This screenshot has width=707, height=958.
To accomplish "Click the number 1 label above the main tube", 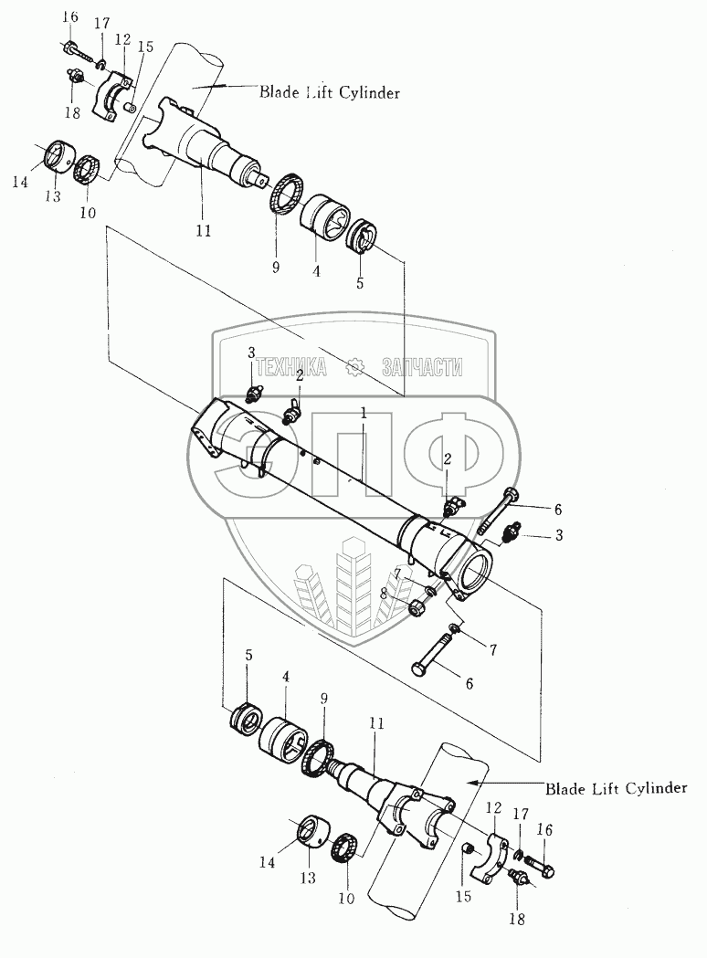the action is (363, 415).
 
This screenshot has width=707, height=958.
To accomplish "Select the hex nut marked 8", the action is (417, 607).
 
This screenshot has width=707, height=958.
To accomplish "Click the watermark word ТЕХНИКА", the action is (290, 367).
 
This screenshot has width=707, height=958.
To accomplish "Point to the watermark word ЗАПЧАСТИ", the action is (422, 367).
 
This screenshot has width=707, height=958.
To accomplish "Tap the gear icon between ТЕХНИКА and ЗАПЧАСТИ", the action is (354, 367).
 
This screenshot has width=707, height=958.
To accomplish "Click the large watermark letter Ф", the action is (452, 453).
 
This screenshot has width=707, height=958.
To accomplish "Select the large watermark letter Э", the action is (245, 453).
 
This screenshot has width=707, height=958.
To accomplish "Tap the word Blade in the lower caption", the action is (565, 788).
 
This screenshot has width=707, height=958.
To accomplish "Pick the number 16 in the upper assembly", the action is (70, 16).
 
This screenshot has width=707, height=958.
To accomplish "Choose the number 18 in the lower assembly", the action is (517, 919).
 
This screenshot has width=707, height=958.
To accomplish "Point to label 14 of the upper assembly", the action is (21, 182).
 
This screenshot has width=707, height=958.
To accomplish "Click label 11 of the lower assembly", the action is (376, 723).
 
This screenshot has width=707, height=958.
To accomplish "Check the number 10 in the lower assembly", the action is (346, 898).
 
